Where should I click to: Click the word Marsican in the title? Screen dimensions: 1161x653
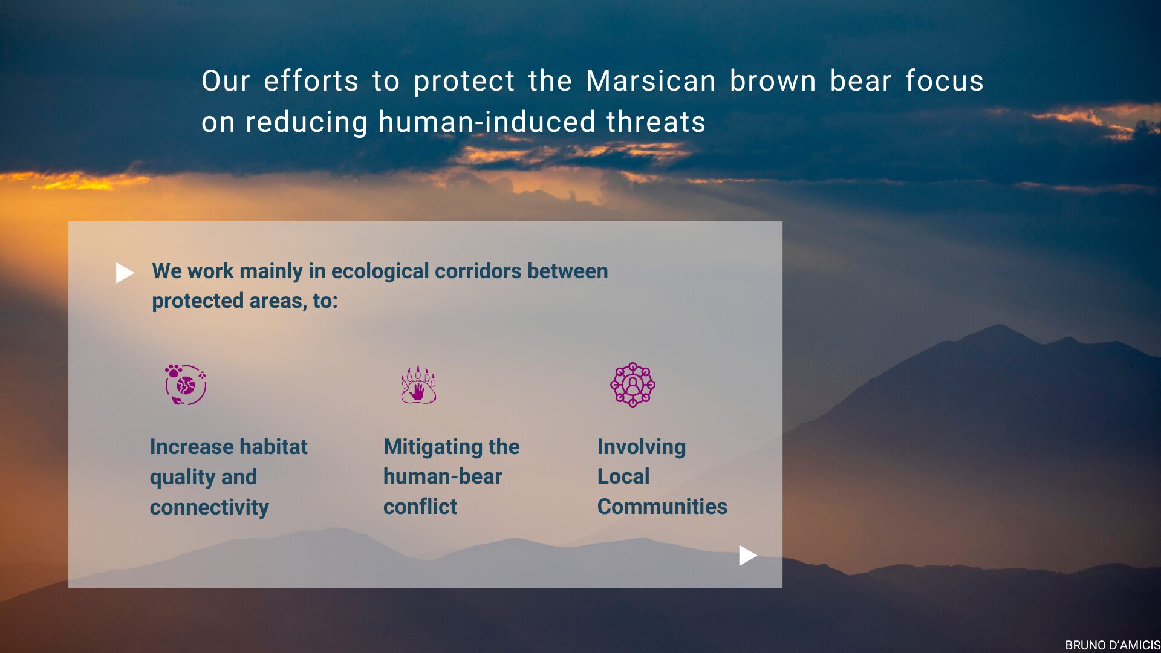click(x=651, y=81)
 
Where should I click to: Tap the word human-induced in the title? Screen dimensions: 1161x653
click(x=487, y=122)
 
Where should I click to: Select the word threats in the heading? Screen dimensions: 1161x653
click(x=656, y=122)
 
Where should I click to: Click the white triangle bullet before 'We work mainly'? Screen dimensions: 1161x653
click(x=125, y=273)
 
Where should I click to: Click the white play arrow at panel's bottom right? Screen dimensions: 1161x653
click(x=748, y=555)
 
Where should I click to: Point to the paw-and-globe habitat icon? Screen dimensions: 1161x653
click(x=186, y=385)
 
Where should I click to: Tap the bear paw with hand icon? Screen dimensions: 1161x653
click(x=418, y=385)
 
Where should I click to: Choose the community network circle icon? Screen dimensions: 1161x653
click(x=633, y=385)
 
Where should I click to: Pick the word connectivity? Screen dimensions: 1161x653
click(x=209, y=507)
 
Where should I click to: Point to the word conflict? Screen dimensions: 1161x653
click(x=420, y=507)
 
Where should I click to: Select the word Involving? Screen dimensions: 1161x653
click(x=642, y=447)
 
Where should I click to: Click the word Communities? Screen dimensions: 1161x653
click(x=662, y=507)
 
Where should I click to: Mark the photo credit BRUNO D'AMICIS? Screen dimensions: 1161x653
click(x=1113, y=645)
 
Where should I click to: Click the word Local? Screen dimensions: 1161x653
click(x=623, y=476)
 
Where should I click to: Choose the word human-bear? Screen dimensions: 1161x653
click(x=443, y=476)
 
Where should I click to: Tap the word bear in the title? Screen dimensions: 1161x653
click(x=861, y=81)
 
